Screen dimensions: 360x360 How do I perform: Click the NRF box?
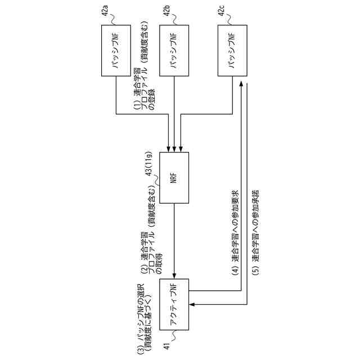click(174, 178)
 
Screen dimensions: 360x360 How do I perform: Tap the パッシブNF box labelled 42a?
click(116, 51)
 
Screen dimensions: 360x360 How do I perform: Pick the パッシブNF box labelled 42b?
click(174, 51)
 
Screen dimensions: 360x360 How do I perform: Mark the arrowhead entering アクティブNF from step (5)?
click(192, 305)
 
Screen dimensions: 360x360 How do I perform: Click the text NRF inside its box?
click(174, 178)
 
